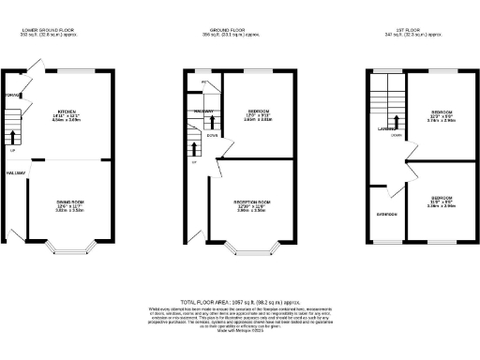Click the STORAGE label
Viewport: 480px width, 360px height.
click(x=12, y=96)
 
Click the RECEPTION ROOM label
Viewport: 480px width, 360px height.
click(x=247, y=201)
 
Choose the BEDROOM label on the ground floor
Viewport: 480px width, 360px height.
click(x=247, y=108)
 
